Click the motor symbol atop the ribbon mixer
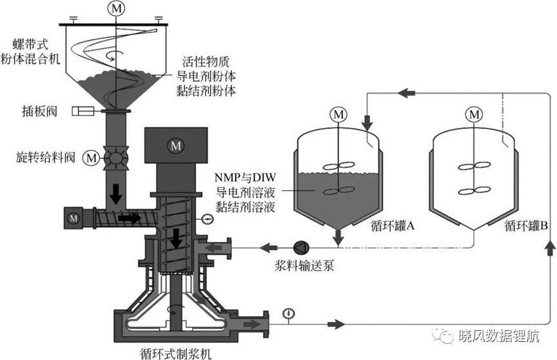click(x=117, y=8)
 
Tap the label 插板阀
click(x=40, y=112)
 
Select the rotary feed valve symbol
click(x=115, y=157)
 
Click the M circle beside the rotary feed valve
click(x=92, y=158)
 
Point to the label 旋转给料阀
click(x=46, y=157)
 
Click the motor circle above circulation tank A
click(x=338, y=114)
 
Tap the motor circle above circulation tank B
click(x=474, y=114)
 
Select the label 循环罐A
click(x=393, y=226)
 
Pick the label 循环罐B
click(x=526, y=226)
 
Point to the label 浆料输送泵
click(x=305, y=265)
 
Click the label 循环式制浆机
click(x=176, y=353)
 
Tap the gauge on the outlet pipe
click(x=289, y=314)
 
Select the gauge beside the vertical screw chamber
click(x=207, y=219)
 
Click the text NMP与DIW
click(x=245, y=177)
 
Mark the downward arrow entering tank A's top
click(x=367, y=123)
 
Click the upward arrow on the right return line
click(x=551, y=247)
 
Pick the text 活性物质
click(x=206, y=62)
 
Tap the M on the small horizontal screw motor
click(x=74, y=218)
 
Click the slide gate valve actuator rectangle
click(x=83, y=111)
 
